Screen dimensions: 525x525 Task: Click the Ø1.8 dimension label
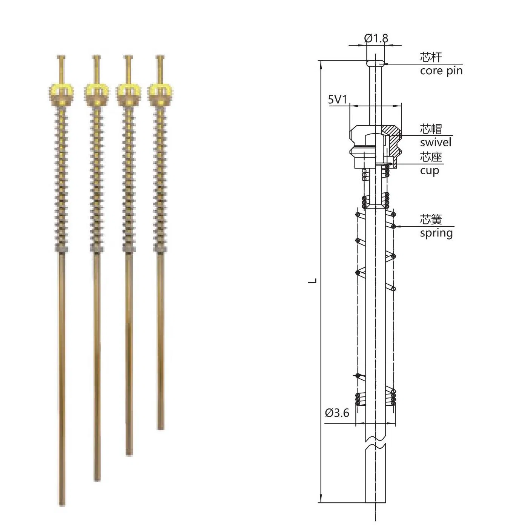pos(376,38)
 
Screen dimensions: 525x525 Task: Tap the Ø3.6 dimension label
pos(337,413)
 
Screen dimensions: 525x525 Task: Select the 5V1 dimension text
pos(337,100)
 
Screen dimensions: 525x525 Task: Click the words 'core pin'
pos(441,71)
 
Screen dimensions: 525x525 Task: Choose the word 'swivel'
pos(436,142)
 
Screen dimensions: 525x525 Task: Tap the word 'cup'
pos(430,170)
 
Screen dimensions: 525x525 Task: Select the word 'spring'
pos(436,233)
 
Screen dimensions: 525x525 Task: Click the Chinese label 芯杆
pos(431,57)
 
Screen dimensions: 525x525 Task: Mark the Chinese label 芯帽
pos(431,129)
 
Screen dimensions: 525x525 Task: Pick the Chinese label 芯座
pos(431,157)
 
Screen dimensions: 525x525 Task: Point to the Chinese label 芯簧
pos(431,220)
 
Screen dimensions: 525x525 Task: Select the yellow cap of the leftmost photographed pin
pos(61,90)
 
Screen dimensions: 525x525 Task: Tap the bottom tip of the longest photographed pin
pos(62,504)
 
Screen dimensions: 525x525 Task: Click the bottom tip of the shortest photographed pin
pos(161,427)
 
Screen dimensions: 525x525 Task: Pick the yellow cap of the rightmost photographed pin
pos(160,90)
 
